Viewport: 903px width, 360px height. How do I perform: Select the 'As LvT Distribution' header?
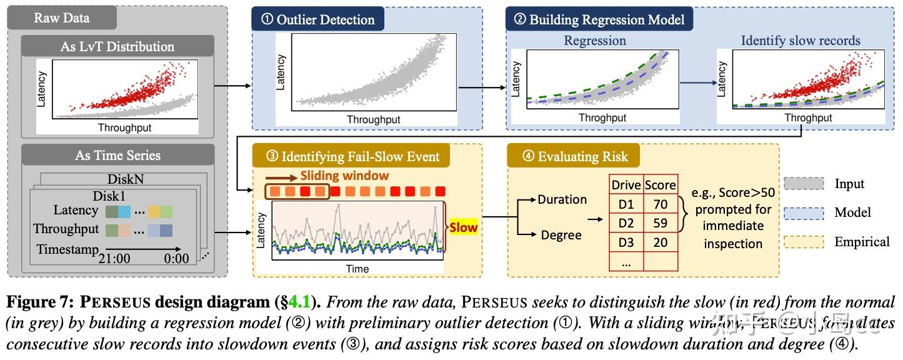coord(117,46)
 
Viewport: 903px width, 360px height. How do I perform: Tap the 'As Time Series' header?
coord(117,156)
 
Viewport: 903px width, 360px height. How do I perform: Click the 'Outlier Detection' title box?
coord(317,19)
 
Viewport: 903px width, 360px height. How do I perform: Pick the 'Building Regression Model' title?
coord(599,19)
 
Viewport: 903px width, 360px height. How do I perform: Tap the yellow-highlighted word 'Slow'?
coord(463,227)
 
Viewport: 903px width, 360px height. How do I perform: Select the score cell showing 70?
coord(660,204)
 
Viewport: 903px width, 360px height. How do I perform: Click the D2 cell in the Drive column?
coord(626,223)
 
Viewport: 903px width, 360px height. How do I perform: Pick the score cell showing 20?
coord(660,242)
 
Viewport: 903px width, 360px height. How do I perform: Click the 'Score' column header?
coord(660,185)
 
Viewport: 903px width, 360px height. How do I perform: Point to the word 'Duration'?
coord(562,199)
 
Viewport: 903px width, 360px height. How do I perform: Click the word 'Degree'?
coord(561,235)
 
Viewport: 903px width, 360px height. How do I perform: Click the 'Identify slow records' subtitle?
coord(800,41)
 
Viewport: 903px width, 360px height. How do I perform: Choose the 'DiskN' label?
coord(126,179)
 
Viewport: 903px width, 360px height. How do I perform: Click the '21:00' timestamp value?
coord(119,257)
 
